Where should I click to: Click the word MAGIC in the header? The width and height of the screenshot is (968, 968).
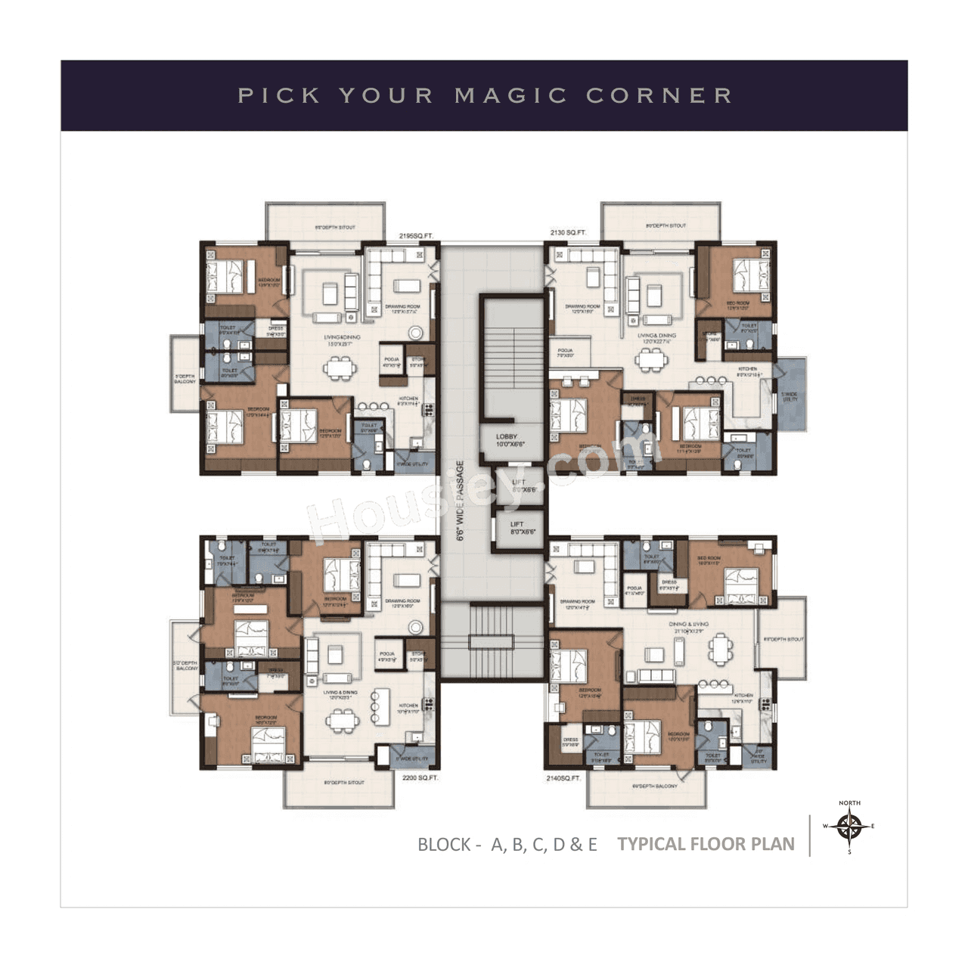pos(511,96)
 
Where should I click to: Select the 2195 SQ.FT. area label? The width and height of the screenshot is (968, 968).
pos(416,236)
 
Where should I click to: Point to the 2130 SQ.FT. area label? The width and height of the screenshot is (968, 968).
pos(568,233)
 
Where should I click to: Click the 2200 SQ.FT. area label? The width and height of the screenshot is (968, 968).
pos(420,777)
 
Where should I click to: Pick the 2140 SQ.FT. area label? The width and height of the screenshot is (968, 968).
pos(563,777)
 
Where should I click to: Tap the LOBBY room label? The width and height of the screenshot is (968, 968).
pos(507,441)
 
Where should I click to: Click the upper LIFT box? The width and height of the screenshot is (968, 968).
pos(518,486)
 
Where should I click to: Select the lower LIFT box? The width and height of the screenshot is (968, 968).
pos(517,528)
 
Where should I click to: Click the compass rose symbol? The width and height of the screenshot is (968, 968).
pos(850,827)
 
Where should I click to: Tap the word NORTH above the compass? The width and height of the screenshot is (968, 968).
pos(849,803)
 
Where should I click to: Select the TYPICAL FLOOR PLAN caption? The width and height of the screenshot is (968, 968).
pos(706,845)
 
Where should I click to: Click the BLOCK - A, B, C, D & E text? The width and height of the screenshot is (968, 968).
pos(507,845)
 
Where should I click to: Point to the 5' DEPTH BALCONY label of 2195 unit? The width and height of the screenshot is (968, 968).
pos(185,379)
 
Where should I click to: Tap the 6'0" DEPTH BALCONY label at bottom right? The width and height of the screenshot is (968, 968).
pos(655,786)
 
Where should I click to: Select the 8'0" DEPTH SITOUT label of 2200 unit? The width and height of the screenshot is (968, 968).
pos(344,783)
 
